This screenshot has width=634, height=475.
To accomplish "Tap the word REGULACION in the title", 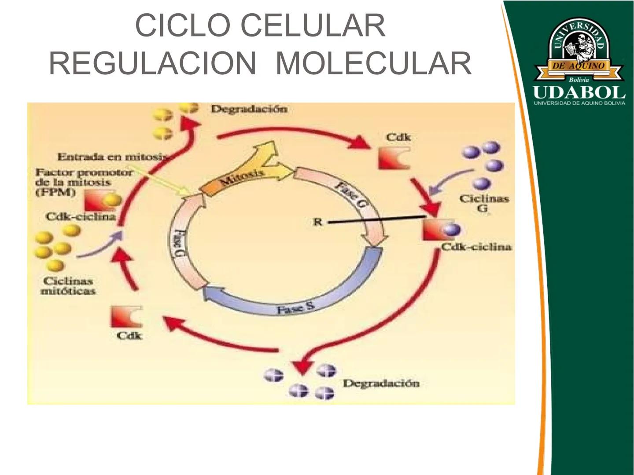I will click(x=152, y=63).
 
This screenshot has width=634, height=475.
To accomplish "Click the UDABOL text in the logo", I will click(x=579, y=93).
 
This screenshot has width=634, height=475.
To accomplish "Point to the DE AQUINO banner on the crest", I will click(x=579, y=66).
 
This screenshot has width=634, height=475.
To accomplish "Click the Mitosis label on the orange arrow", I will click(x=241, y=177).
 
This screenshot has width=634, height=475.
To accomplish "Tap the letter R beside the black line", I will click(x=317, y=222).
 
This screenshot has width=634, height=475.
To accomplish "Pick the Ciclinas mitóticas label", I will click(x=68, y=286).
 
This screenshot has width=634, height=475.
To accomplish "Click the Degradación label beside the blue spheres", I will click(x=381, y=384).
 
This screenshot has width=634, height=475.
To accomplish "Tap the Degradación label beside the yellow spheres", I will click(x=249, y=109).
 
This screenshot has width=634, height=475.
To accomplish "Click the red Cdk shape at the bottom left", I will click(x=126, y=317).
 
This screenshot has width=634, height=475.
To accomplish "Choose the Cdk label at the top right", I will click(x=398, y=137).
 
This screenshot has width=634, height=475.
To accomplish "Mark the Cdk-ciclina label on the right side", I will click(x=476, y=247).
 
